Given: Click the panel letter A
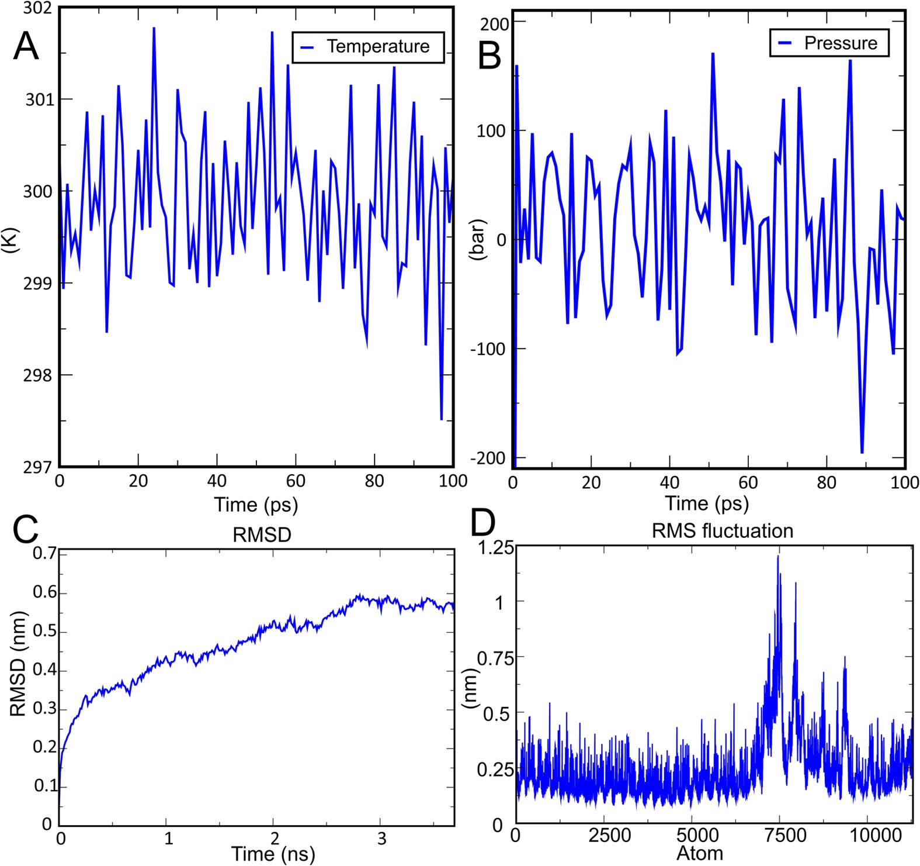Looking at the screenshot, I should click(26, 46).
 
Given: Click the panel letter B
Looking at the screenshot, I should click(489, 57).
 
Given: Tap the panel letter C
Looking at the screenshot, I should click(26, 530).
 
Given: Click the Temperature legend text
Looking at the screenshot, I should click(378, 47).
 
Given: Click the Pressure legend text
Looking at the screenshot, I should click(841, 43).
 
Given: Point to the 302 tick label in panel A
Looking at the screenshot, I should click(38, 8).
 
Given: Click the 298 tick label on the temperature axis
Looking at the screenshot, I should click(38, 375).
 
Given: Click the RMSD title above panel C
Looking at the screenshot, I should click(262, 535).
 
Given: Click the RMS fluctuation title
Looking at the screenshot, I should click(722, 531).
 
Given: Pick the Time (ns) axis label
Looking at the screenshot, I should click(273, 854).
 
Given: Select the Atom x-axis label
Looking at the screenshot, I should click(700, 854).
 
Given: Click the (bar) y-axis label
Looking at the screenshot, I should click(479, 240).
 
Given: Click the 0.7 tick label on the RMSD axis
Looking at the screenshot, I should click(45, 553).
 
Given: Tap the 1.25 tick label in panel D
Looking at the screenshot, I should click(497, 548).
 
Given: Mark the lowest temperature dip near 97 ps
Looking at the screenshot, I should click(442, 419).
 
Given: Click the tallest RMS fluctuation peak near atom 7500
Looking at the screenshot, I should click(778, 557).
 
